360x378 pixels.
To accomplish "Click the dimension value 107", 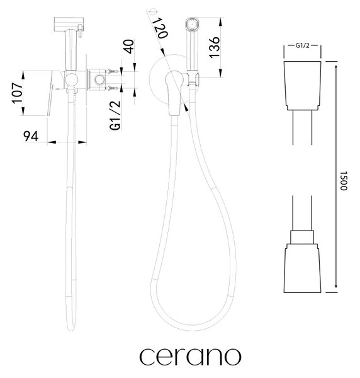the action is (18, 93).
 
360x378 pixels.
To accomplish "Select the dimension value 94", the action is (31, 136).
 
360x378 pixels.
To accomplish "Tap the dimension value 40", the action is (128, 47).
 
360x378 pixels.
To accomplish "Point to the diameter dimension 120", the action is (159, 28).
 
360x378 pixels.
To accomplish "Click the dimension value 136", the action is (214, 47).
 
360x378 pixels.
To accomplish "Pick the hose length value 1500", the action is (344, 181).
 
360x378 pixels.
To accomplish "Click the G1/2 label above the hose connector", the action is (302, 45).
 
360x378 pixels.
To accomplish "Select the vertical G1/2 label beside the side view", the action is (115, 115).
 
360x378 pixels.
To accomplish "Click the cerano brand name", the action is (190, 357).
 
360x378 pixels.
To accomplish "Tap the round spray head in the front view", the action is (192, 25).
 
